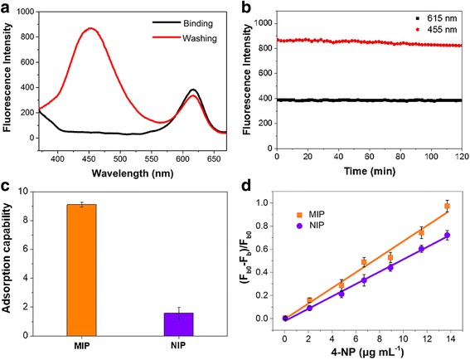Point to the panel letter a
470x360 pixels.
(8, 7)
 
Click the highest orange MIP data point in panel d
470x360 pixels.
(447, 206)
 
